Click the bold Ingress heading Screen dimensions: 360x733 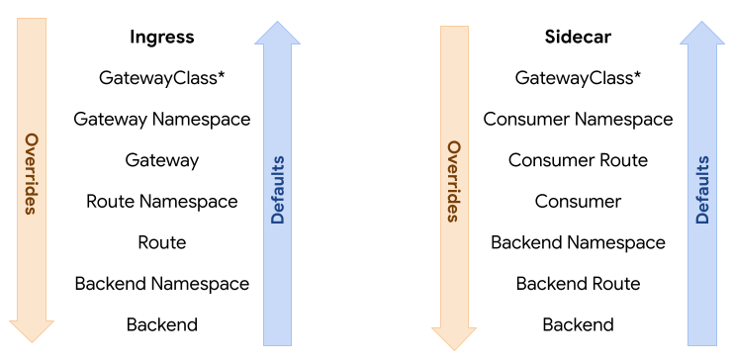pyautogui.click(x=162, y=38)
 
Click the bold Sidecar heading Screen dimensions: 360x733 pyautogui.click(x=578, y=38)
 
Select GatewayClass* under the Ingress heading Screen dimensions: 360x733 pyautogui.click(x=162, y=77)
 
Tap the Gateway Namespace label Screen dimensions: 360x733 pyautogui.click(x=162, y=119)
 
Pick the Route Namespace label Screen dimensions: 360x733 pyautogui.click(x=162, y=201)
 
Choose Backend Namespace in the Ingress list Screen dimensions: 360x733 pyautogui.click(x=162, y=283)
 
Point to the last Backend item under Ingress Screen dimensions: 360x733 pyautogui.click(x=162, y=324)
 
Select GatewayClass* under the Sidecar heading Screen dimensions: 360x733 pyautogui.click(x=578, y=77)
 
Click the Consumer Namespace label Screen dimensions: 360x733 pyautogui.click(x=578, y=119)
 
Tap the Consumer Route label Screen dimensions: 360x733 pyautogui.click(x=578, y=160)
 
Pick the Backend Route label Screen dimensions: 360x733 pyautogui.click(x=578, y=283)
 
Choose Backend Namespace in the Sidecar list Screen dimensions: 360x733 pyautogui.click(x=578, y=242)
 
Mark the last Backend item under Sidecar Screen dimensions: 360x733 pyautogui.click(x=578, y=324)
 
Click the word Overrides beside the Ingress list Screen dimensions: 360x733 pyautogui.click(x=31, y=173)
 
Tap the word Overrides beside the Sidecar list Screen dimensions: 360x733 pyautogui.click(x=454, y=181)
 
